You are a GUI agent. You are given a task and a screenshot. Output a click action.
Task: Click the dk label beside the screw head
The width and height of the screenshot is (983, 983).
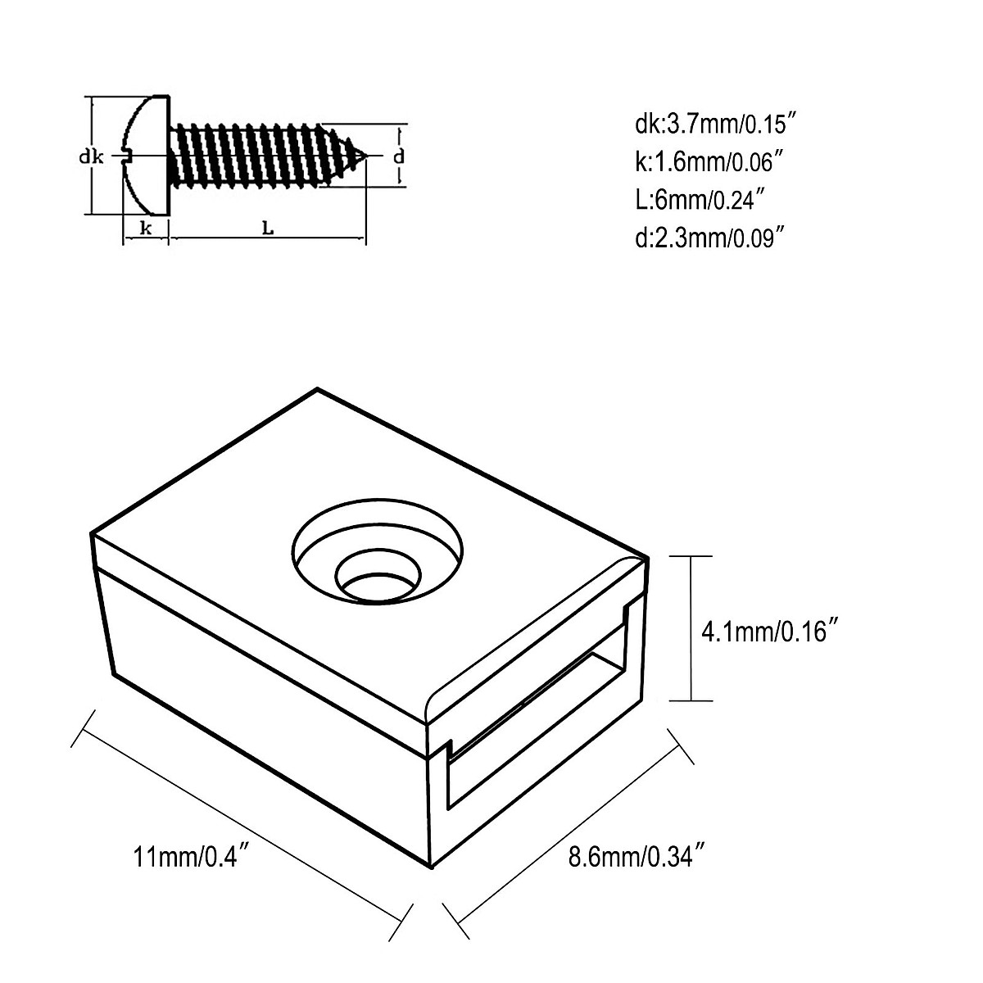(x=91, y=156)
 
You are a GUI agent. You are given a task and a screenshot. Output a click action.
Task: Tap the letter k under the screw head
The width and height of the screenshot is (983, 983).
(x=146, y=229)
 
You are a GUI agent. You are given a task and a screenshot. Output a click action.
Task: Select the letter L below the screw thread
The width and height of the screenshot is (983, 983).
(x=267, y=229)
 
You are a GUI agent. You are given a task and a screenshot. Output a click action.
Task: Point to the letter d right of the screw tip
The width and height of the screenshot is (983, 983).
(x=398, y=156)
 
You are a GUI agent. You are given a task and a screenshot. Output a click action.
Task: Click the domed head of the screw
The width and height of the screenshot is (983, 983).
(x=147, y=156)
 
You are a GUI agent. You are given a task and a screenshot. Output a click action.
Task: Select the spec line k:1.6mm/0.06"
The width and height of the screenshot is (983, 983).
(x=704, y=162)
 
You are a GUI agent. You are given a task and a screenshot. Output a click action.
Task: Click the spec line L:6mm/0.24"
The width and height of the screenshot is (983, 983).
(x=700, y=200)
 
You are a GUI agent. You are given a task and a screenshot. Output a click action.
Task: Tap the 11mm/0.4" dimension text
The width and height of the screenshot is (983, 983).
(x=191, y=857)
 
